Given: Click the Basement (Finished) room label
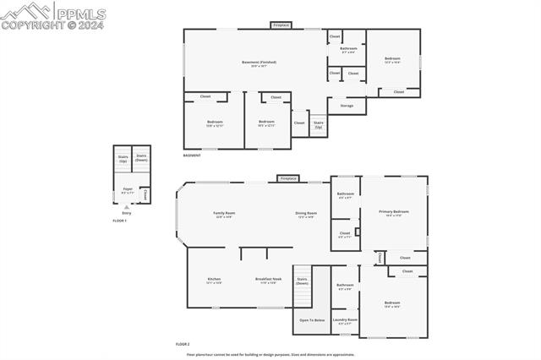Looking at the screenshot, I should coord(259,63).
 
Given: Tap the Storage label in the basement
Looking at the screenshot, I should coord(347,106).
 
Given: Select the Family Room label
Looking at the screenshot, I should coord(224,214).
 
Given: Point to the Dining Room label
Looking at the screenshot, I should coord(306,214).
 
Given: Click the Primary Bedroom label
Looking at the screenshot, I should coord(394,212).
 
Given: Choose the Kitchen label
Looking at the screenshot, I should coord(214,281).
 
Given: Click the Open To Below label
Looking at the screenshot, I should coord(312,320).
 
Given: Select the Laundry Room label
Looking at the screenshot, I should coord(345,320).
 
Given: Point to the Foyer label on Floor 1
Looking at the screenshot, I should coord(127,190).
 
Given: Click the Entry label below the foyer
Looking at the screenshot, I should coord(127,213).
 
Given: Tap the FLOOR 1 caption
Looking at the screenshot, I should coord(119,221).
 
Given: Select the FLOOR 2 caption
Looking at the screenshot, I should coord(183,345).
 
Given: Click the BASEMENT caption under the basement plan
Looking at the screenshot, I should coord(192,155).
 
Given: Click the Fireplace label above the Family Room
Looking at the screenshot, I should coord(288,178).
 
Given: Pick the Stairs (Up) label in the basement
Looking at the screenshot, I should coord(319,124).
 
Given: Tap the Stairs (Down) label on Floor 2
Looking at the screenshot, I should coord(302,281).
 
